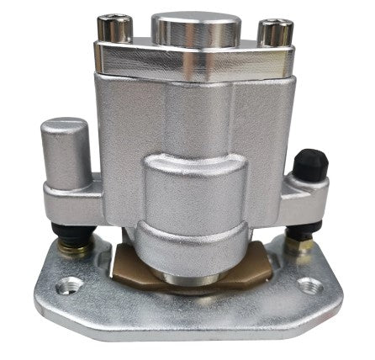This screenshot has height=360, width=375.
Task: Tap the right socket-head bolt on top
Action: (274, 32)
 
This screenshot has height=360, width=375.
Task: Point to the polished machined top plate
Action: (195, 59)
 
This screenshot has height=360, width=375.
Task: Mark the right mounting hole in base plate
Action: (309, 284)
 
